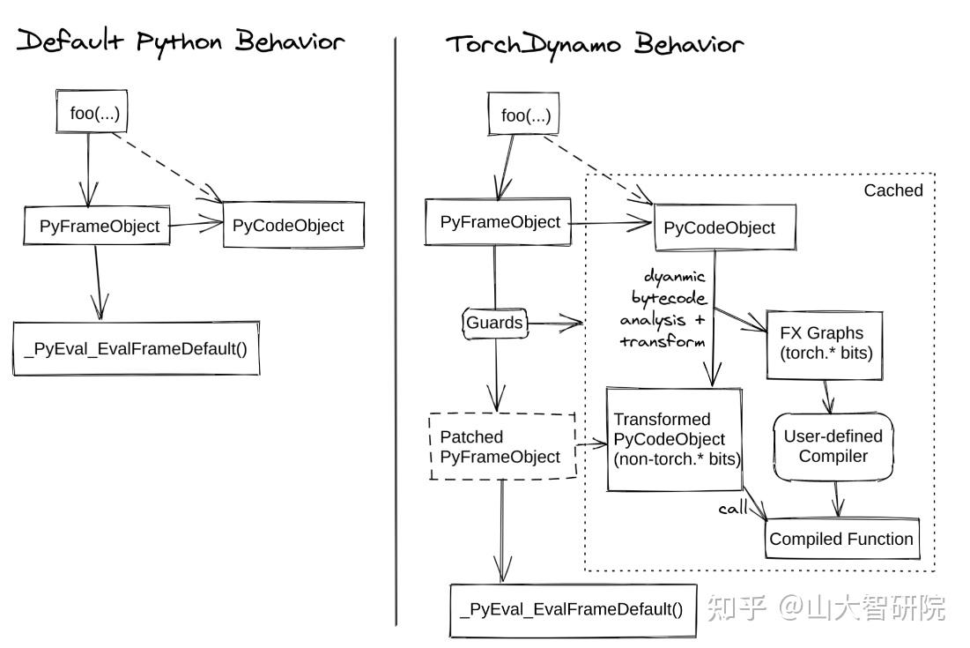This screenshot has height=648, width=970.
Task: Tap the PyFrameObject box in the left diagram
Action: click(x=99, y=226)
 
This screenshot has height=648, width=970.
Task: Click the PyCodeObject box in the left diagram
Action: click(x=288, y=225)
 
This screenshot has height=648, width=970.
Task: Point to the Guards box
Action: click(x=494, y=323)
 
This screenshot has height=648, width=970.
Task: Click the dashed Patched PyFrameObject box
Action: click(x=501, y=447)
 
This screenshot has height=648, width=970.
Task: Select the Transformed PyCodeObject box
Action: click(x=675, y=439)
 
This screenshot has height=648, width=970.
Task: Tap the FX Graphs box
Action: click(x=821, y=344)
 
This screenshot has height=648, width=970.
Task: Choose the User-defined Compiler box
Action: click(x=833, y=446)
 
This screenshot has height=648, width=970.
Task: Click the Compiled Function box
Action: click(x=841, y=539)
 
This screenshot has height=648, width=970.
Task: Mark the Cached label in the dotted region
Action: click(x=892, y=190)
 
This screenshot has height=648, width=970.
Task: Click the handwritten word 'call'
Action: click(x=733, y=509)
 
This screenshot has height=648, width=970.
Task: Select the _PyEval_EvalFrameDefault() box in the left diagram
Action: click(x=136, y=349)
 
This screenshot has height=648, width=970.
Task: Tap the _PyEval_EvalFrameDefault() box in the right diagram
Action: click(x=572, y=609)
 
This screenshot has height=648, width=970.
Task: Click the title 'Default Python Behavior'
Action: click(x=181, y=41)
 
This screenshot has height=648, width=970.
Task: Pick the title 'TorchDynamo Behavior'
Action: click(x=594, y=44)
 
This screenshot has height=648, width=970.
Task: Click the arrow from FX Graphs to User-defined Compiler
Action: click(x=826, y=397)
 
